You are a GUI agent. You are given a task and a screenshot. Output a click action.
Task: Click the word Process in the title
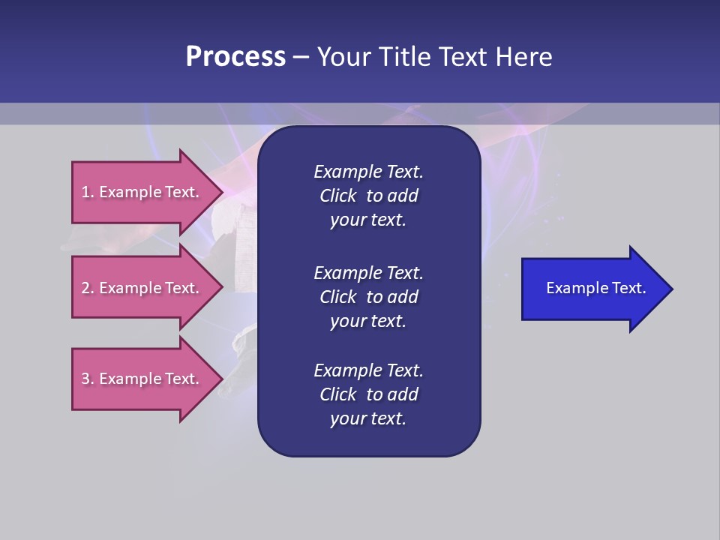tap(235, 57)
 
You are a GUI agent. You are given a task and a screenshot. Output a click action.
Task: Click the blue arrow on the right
tap(592, 289)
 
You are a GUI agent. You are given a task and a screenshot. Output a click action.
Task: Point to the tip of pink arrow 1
tap(221, 192)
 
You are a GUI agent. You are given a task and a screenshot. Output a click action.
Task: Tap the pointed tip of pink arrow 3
tap(221, 379)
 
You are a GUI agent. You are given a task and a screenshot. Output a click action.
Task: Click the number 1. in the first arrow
tap(88, 192)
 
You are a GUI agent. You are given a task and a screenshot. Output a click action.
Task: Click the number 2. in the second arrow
tap(88, 288)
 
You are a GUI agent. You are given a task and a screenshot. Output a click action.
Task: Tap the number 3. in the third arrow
tap(88, 379)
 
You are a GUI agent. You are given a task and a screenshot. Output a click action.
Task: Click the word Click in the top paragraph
tap(337, 196)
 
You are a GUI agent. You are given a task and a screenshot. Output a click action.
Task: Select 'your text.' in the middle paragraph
tap(368, 321)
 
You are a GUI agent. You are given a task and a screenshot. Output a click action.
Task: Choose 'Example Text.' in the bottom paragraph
tap(368, 370)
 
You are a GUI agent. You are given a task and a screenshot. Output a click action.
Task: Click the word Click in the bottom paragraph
tap(337, 394)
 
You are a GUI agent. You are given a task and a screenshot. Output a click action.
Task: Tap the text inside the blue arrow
tap(595, 288)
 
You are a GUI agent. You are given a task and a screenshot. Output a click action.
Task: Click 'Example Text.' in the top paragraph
tap(368, 172)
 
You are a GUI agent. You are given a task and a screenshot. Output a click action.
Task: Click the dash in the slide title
tap(301, 58)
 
